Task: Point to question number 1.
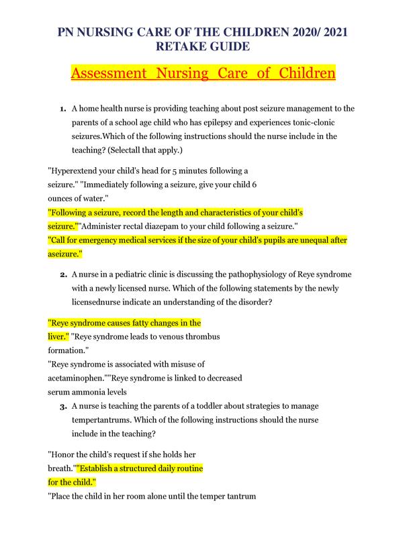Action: point(62,108)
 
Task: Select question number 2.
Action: point(62,275)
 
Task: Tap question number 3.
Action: point(62,407)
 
